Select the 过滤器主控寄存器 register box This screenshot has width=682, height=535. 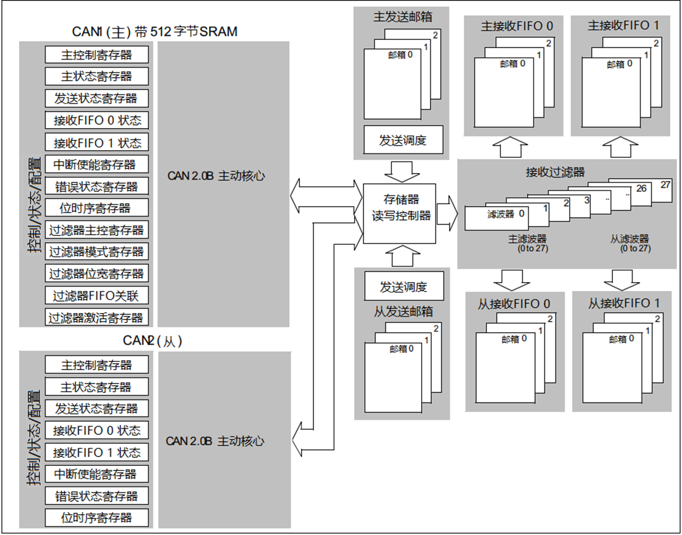tap(96, 230)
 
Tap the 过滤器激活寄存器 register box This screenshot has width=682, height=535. tap(96, 318)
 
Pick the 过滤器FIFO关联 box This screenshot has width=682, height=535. tap(96, 296)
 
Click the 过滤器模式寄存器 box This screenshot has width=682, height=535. tap(96, 252)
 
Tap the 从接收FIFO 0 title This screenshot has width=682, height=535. tap(514, 304)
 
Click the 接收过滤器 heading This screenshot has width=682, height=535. tap(555, 172)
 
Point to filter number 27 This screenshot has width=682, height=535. tap(665, 185)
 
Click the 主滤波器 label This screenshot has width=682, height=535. tap(527, 239)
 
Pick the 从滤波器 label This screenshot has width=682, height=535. tap(629, 239)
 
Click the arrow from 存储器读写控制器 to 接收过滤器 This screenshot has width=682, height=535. tap(446, 209)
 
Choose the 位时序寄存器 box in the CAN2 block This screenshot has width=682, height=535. tap(96, 517)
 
